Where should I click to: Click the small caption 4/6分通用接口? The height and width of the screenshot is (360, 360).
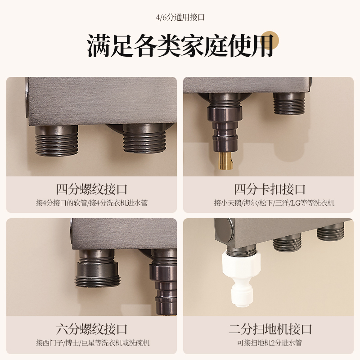click(180, 18)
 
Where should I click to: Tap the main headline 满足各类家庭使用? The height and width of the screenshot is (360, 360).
click(180, 45)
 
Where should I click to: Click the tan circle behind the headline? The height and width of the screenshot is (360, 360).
click(270, 40)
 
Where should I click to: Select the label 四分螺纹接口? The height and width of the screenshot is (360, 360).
click(92, 189)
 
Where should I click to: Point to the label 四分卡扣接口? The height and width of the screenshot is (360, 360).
click(270, 189)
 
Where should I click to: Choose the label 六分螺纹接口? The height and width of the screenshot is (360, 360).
click(92, 329)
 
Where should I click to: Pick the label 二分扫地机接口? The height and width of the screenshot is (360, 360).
click(270, 329)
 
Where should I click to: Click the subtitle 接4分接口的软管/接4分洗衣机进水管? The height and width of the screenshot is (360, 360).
click(92, 203)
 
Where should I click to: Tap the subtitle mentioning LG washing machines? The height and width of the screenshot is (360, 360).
click(274, 203)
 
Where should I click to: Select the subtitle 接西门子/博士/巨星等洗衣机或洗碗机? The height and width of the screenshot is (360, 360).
click(93, 343)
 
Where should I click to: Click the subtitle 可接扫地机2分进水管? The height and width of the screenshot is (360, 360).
click(270, 343)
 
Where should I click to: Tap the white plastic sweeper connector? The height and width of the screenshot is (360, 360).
click(241, 279)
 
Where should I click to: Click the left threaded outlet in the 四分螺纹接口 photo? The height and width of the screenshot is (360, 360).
click(57, 140)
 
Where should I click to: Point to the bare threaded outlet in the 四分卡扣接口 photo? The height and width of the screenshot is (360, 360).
click(289, 103)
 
